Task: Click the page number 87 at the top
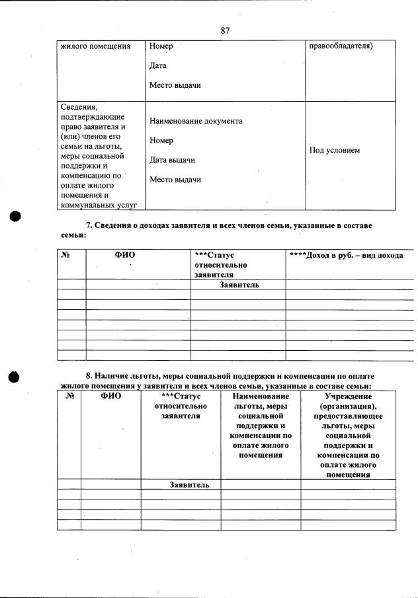225,30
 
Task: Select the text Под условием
335,151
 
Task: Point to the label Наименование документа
196,122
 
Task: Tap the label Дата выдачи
172,161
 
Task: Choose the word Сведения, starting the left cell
79,106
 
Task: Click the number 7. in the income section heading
90,226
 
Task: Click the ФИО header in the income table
125,255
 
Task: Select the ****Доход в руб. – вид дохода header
346,255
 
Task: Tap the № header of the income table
65,255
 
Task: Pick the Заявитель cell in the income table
239,285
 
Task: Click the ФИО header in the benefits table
111,396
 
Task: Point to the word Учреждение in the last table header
348,396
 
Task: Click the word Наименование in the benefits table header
261,396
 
